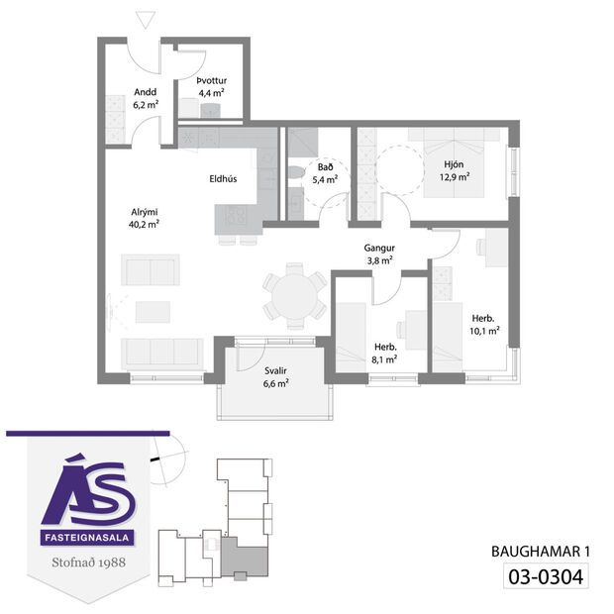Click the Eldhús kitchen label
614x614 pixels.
pos(222,180)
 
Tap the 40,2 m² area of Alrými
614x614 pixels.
pos(145,224)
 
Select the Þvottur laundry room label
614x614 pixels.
pos(213,80)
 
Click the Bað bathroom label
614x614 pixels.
pos(325,167)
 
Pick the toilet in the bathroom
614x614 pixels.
pos(294,176)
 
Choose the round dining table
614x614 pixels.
pos(294,294)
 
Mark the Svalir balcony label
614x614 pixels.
pos(276,371)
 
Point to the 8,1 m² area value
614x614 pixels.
pos(385,359)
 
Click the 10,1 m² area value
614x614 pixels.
pos(484,332)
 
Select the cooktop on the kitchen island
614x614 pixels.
pos(235,213)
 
